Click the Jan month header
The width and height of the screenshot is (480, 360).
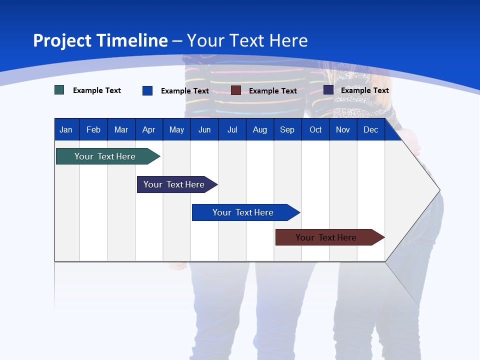[66, 130]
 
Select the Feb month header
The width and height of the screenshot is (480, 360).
[93, 130]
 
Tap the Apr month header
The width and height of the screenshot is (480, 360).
[148, 130]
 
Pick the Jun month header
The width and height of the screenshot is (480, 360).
[204, 130]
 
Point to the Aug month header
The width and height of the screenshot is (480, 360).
[259, 130]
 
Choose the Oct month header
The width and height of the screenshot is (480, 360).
[315, 130]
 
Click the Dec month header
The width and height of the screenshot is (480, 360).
[370, 130]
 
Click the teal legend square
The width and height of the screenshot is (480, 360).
[59, 90]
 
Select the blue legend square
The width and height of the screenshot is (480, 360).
[147, 90]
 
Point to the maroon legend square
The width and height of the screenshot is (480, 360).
[236, 90]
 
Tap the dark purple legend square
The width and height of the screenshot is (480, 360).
[328, 90]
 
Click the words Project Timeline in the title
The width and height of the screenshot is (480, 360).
[100, 40]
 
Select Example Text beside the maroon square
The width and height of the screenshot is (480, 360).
[272, 91]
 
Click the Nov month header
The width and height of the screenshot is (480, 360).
[343, 130]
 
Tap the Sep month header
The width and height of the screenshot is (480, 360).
[287, 130]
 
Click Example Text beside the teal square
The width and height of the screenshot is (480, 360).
[97, 90]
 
